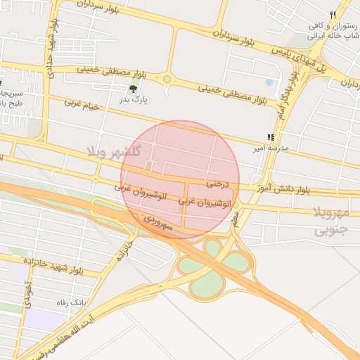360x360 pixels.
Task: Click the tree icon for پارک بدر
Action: pyautogui.click(x=134, y=89)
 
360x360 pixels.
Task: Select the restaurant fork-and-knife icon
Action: pyautogui.click(x=333, y=15)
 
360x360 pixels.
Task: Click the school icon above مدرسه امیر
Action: pyautogui.click(x=271, y=137)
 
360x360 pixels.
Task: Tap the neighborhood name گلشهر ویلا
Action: pyautogui.click(x=115, y=151)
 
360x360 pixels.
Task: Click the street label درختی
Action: pyautogui.click(x=218, y=184)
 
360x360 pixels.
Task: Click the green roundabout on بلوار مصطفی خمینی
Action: pyautogui.click(x=167, y=79)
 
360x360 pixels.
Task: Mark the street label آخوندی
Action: pyautogui.click(x=28, y=295)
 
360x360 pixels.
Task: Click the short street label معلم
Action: pyautogui.click(x=236, y=219)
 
